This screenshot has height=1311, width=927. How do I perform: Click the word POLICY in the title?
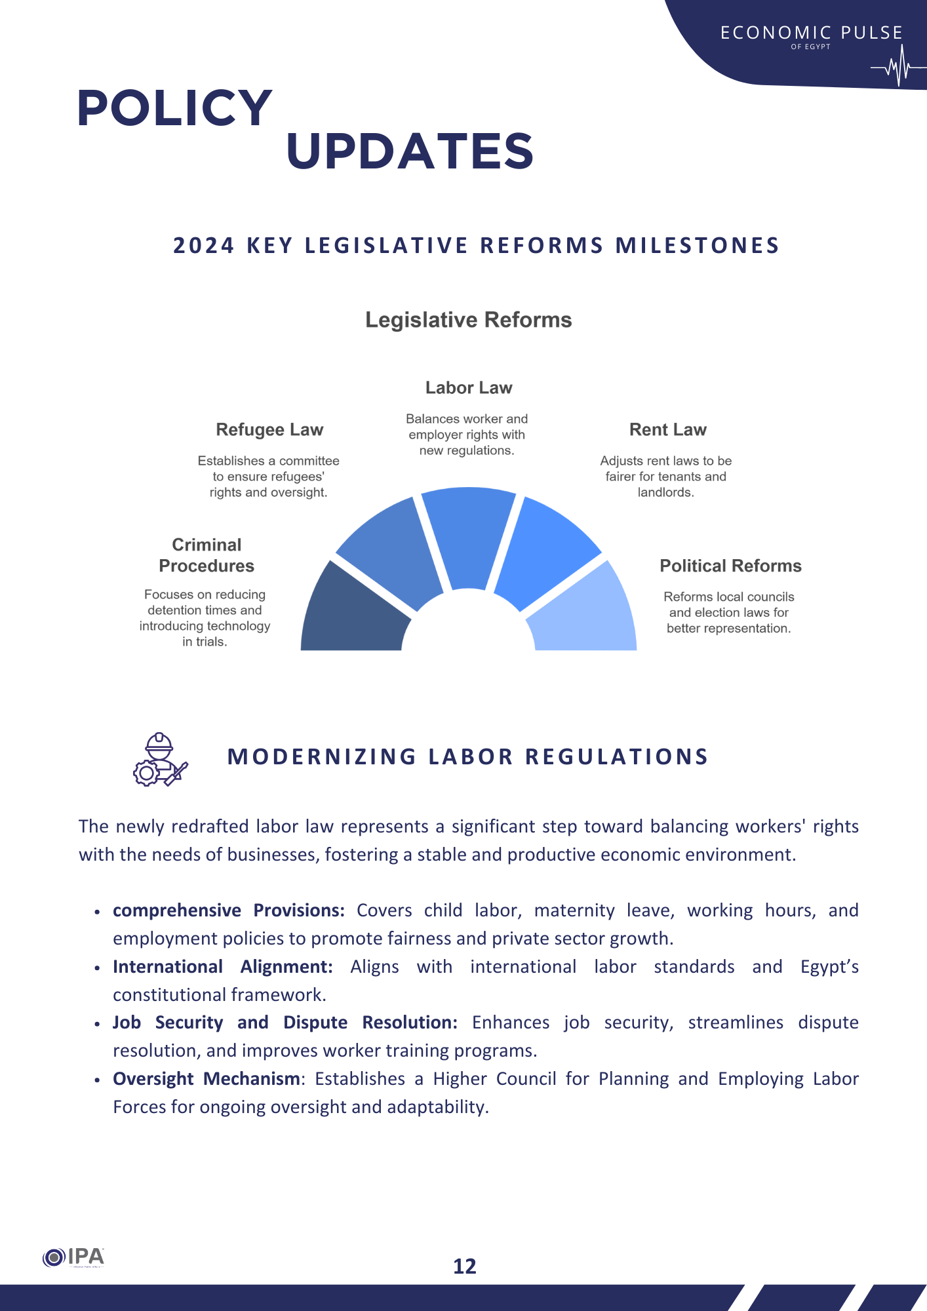click(x=174, y=108)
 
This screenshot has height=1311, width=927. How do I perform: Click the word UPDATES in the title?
click(x=410, y=151)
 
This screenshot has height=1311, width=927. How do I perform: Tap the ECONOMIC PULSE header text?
click(x=811, y=33)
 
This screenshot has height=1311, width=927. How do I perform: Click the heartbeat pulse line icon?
click(x=897, y=67)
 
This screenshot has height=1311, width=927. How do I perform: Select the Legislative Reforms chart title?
click(x=468, y=320)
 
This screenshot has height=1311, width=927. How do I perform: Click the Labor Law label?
click(x=468, y=388)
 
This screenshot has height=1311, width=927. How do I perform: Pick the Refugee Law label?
click(x=269, y=430)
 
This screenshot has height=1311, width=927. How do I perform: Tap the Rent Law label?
click(x=667, y=430)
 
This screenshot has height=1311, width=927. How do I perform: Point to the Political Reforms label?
click(x=730, y=566)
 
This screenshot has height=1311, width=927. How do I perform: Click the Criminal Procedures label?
click(x=207, y=556)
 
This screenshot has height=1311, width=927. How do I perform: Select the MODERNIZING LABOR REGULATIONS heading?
click(x=467, y=757)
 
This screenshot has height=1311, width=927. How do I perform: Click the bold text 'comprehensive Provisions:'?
click(x=228, y=910)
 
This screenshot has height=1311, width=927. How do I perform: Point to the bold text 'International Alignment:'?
click(x=222, y=967)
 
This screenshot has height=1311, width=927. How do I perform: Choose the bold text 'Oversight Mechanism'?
click(x=206, y=1079)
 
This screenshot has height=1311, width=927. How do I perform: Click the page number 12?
click(x=465, y=1266)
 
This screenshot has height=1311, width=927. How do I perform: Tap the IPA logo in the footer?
click(x=73, y=1257)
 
